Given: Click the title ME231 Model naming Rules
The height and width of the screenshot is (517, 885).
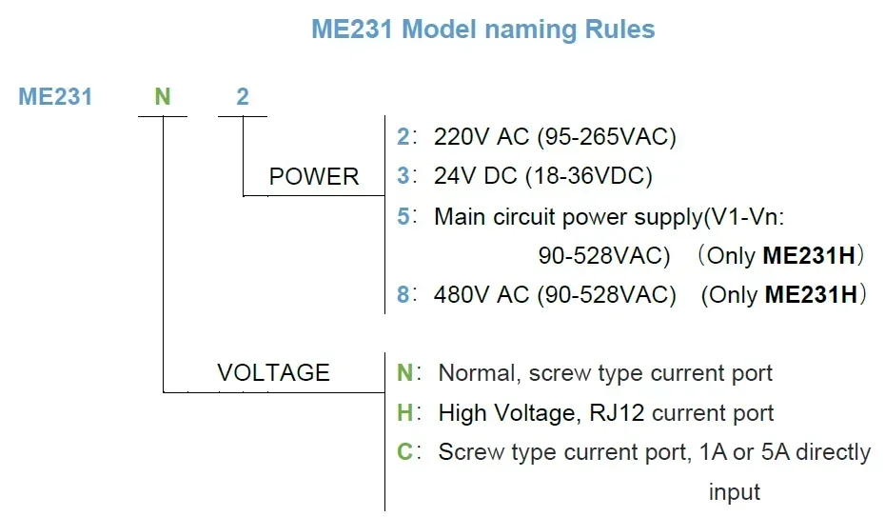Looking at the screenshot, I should click(x=482, y=29).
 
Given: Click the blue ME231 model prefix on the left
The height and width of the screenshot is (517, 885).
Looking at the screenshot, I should click(x=55, y=96).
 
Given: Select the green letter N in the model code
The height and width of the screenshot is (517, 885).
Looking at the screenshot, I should click(x=163, y=96).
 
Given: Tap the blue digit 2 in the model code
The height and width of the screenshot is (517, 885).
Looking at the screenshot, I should click(x=243, y=96).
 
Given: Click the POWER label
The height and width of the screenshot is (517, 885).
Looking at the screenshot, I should click(x=314, y=177).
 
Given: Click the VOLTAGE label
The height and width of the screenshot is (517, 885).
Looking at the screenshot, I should click(x=273, y=372).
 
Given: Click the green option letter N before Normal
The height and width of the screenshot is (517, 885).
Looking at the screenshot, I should click(x=404, y=373).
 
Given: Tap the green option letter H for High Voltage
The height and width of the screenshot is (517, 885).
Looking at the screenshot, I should click(x=404, y=413).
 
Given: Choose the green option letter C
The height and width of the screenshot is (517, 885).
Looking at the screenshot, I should click(x=404, y=452).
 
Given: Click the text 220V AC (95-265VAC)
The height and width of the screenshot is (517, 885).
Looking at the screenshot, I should click(x=555, y=137).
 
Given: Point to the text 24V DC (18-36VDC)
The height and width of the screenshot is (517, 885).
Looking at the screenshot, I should click(x=542, y=177).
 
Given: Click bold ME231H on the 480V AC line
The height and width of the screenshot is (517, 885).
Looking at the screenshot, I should click(x=811, y=295).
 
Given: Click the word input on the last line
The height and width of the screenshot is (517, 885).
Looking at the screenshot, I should click(x=734, y=492).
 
